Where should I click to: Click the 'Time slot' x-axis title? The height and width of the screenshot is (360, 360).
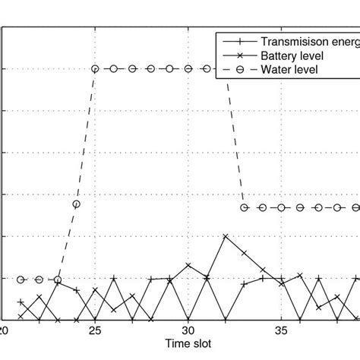[x=189, y=343]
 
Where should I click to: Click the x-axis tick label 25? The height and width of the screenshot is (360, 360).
[x=95, y=330]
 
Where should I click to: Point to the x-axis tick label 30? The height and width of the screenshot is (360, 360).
[x=188, y=330]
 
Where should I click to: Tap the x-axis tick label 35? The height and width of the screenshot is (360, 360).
[x=281, y=330]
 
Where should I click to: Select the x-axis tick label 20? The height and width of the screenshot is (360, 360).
[x=5, y=330]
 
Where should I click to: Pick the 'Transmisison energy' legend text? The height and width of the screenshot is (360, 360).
[x=308, y=42]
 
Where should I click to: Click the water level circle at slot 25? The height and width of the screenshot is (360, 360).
[x=95, y=68]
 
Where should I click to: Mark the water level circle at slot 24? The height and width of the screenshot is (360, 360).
[x=76, y=204]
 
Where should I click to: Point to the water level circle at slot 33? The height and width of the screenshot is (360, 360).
[x=244, y=207]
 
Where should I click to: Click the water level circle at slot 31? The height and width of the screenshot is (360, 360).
[x=207, y=68]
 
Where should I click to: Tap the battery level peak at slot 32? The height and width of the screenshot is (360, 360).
[x=226, y=236]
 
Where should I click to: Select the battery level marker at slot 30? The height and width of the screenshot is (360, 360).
[x=188, y=264]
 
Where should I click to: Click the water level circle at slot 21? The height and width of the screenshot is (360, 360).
[x=21, y=279]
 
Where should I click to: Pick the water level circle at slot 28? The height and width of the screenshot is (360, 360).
[x=151, y=68]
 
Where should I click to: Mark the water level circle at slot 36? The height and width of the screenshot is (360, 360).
[x=300, y=207]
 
